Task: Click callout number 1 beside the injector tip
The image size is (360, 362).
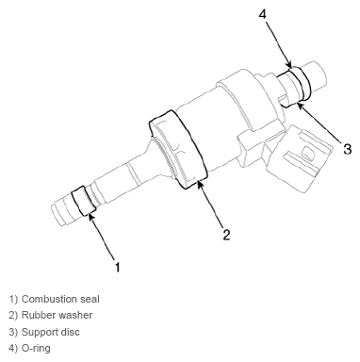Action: [118, 268]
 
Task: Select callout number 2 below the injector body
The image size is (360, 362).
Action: [226, 234]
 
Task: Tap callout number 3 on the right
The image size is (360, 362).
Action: [347, 148]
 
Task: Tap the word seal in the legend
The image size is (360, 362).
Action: [104, 299]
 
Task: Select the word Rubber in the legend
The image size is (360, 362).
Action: [40, 315]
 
